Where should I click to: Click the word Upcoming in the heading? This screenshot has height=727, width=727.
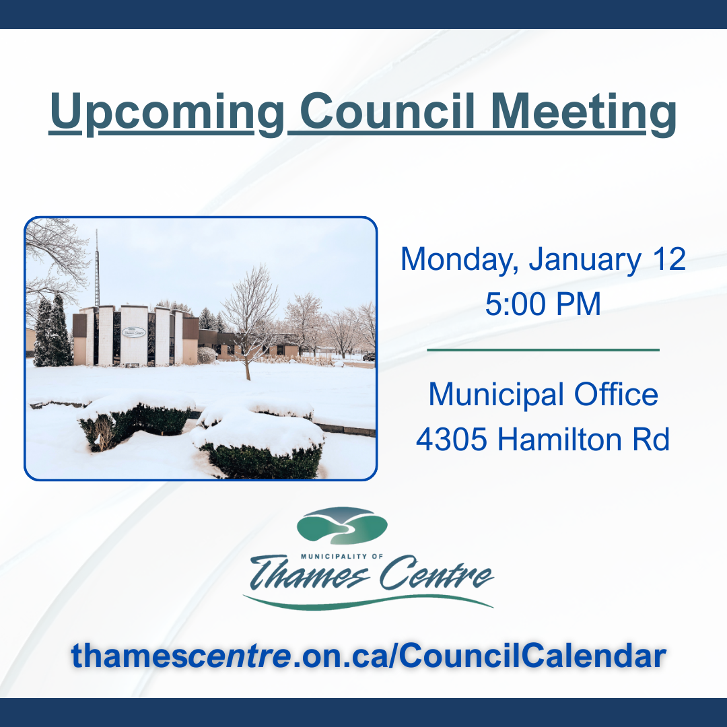point(167,113)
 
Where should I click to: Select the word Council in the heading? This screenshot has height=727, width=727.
point(388,111)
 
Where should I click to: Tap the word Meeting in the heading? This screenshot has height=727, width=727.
point(583,113)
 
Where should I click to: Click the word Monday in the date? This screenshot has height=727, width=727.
point(460,260)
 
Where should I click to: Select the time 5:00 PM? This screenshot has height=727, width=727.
point(543,304)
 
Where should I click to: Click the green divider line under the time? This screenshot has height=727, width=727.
point(543,350)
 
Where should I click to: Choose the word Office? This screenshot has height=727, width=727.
point(616,394)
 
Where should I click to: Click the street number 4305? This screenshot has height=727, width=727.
point(451,440)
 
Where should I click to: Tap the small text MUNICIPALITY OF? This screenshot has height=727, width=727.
point(342,557)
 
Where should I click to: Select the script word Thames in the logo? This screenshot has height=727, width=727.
point(309,573)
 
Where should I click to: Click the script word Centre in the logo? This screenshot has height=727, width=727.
point(436,573)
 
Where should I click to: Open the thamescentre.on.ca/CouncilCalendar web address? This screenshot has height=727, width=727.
point(369,656)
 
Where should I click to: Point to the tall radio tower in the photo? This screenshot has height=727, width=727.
point(97,268)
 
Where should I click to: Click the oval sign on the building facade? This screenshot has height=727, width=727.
point(134,332)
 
